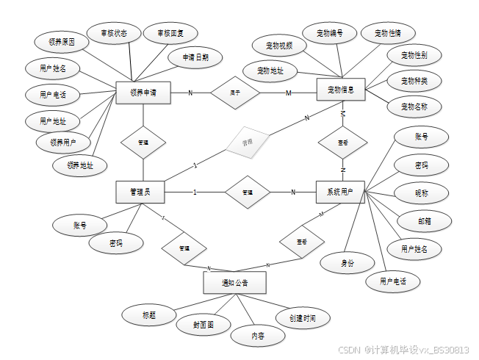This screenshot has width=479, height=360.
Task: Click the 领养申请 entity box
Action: tap(143, 93)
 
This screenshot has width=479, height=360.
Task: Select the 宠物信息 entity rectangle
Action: tap(340, 90)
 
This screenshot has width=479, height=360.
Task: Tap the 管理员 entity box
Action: tap(140, 192)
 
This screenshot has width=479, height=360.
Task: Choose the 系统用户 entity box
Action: tap(339, 192)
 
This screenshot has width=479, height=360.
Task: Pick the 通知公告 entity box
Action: tap(234, 283)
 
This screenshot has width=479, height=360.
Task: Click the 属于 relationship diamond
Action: tap(234, 93)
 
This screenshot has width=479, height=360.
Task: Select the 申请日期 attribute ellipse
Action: tap(189, 57)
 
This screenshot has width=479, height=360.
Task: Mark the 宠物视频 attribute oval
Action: tap(278, 46)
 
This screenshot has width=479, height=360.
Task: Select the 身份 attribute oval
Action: tap(346, 262)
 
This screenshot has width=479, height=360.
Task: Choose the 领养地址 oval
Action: tap(80, 165)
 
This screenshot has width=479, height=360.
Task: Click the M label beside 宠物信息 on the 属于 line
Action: tap(288, 93)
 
